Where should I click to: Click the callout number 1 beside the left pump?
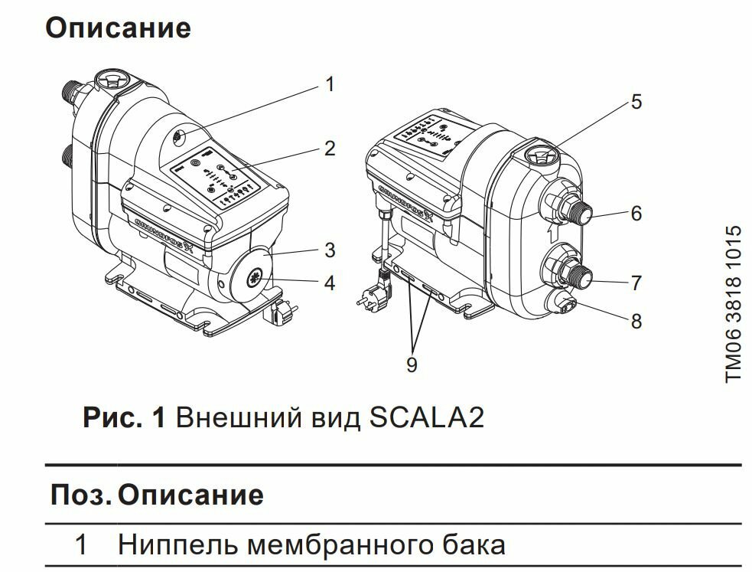click(330, 84)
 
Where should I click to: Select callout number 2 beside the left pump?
click(330, 148)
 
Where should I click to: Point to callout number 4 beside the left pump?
click(330, 283)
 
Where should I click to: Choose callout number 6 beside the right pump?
click(636, 214)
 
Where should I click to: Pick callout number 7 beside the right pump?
click(636, 283)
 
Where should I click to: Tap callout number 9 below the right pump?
click(412, 365)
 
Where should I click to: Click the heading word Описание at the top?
click(118, 28)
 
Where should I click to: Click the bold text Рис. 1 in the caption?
click(123, 419)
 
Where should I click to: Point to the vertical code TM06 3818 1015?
click(733, 304)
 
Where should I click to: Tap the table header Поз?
click(80, 495)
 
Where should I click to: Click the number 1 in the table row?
click(81, 545)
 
